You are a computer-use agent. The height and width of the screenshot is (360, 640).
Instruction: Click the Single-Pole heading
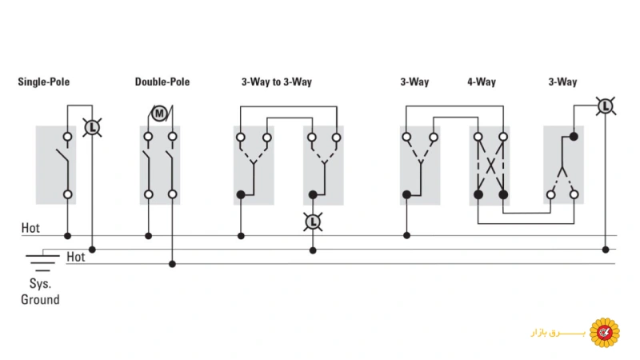44,82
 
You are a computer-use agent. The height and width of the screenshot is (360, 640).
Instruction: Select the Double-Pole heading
162,82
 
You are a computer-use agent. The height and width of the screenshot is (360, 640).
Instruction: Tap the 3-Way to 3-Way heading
277,82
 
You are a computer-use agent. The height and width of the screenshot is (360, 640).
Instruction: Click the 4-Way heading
482,82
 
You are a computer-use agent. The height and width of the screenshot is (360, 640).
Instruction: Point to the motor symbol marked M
159,113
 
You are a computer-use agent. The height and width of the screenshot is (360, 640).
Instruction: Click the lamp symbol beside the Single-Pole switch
92,127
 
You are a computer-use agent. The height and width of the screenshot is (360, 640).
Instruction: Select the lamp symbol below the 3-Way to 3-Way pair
313,222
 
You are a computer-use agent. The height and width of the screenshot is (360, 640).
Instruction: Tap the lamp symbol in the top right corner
606,106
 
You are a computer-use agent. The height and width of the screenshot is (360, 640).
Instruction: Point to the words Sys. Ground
40,291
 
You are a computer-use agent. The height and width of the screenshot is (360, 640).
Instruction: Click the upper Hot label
30,228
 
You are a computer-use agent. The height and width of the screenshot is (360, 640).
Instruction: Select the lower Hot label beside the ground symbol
76,257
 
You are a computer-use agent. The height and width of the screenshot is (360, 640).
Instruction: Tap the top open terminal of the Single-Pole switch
68,137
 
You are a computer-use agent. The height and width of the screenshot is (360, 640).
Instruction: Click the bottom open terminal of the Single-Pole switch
68,194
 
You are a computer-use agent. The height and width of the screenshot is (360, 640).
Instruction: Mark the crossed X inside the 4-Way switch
490,166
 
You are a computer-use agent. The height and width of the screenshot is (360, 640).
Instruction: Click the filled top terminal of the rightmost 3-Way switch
574,136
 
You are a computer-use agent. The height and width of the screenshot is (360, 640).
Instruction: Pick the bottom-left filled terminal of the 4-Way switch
478,194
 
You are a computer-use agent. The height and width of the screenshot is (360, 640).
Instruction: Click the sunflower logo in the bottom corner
605,333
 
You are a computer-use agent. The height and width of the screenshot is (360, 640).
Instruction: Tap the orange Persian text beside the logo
558,333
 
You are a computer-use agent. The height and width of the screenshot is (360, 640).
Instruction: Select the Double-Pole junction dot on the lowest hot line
172,264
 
